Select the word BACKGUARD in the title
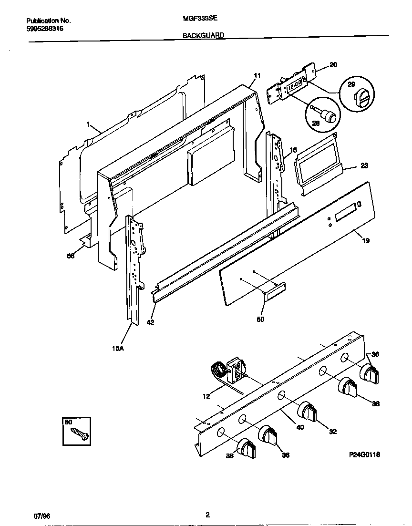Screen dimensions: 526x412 click(x=203, y=35)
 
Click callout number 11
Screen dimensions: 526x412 click(x=257, y=76)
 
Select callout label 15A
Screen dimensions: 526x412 click(x=118, y=349)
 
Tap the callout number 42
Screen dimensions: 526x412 click(x=151, y=322)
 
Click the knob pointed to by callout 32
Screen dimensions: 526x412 click(x=308, y=411)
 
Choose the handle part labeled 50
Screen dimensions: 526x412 click(x=274, y=292)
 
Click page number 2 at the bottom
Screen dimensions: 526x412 click(x=207, y=515)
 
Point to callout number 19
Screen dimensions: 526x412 click(x=366, y=241)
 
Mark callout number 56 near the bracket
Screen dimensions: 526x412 click(x=71, y=256)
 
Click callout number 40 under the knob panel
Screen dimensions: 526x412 click(x=300, y=427)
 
